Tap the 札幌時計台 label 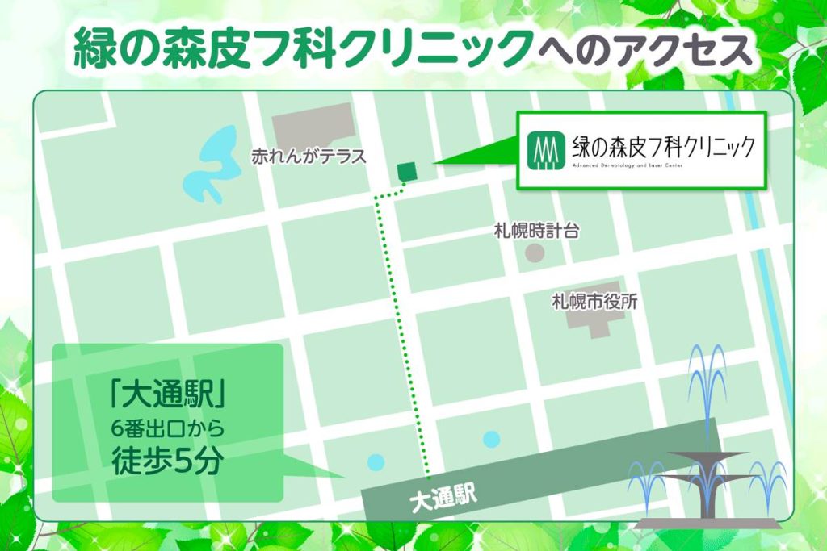[536, 232]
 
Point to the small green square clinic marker [406, 170]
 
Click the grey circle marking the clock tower [535, 253]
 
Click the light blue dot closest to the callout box [376, 462]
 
